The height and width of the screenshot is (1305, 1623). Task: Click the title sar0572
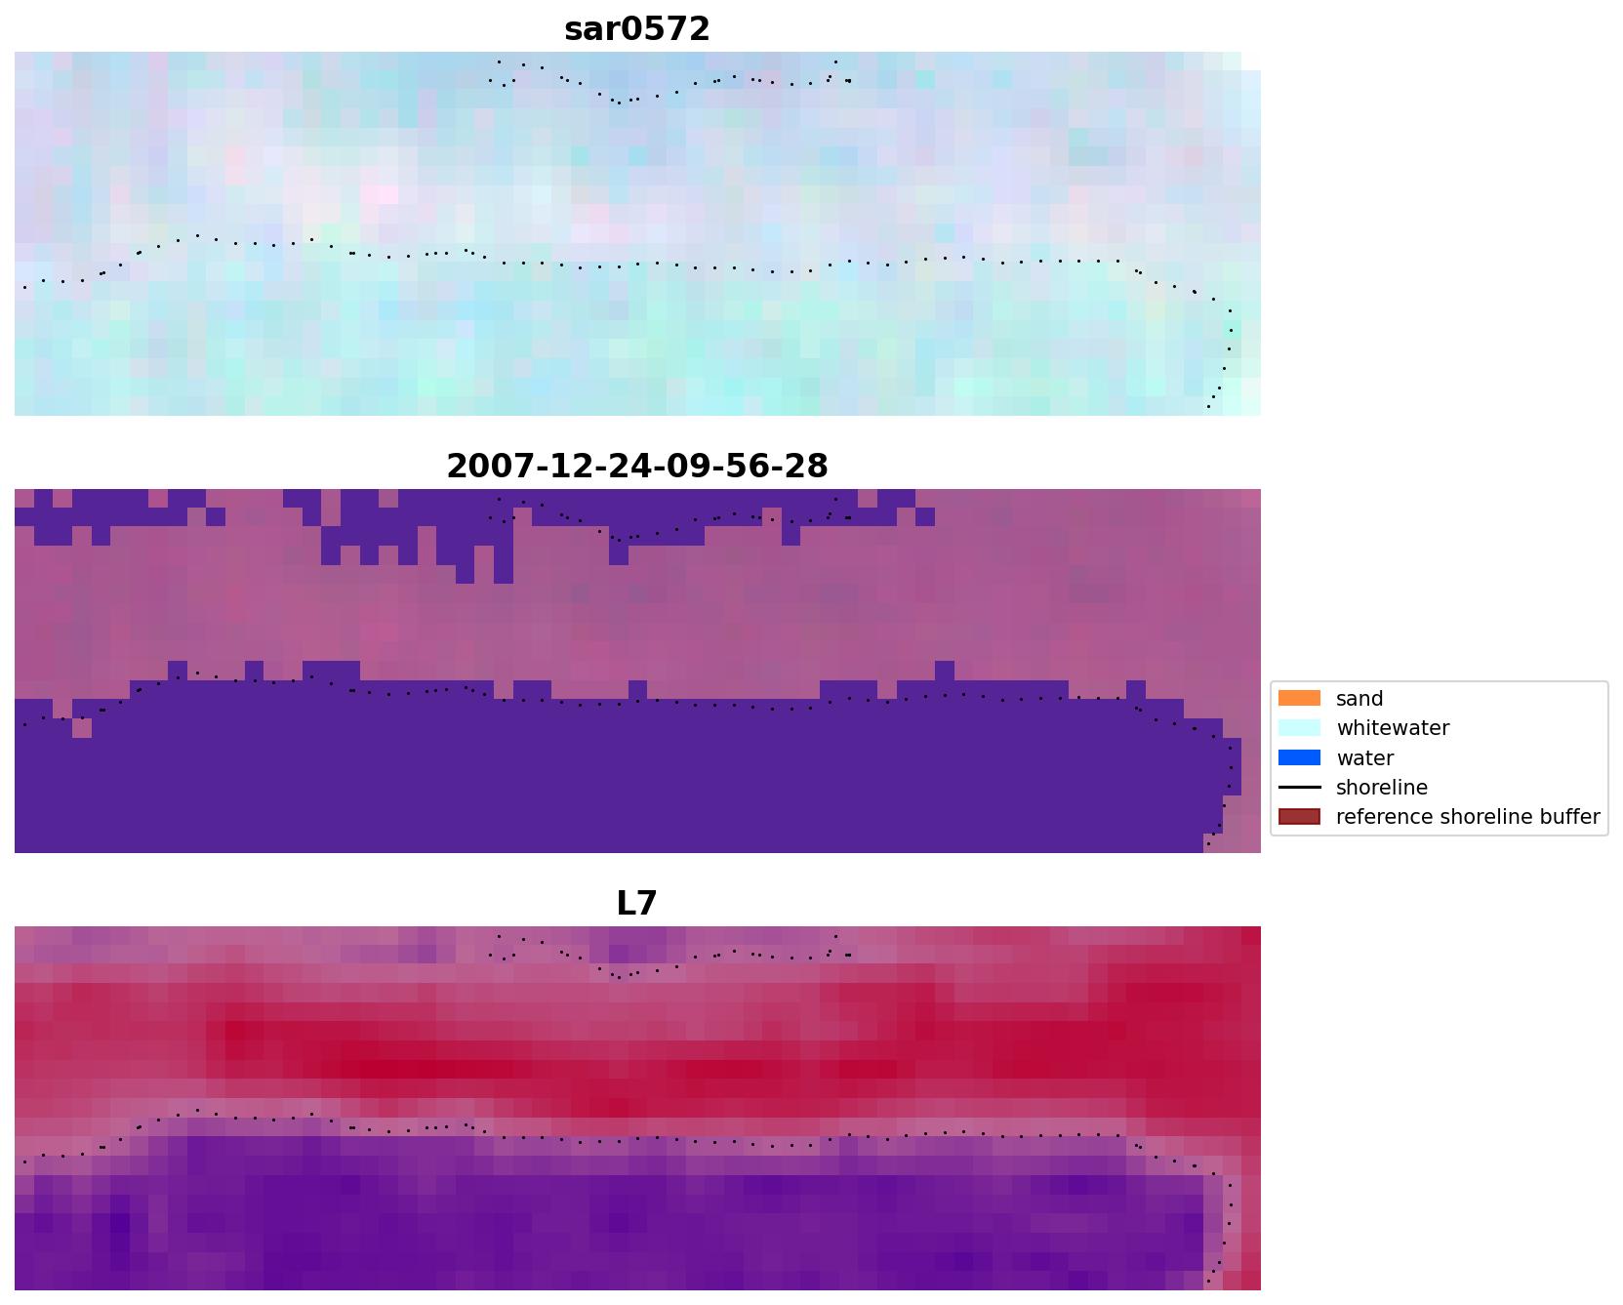click(636, 29)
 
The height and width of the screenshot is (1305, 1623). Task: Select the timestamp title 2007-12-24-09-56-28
click(636, 467)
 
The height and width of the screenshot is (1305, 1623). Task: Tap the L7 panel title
click(636, 904)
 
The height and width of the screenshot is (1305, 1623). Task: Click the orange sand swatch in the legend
click(1299, 699)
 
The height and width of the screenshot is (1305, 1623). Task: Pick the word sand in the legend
click(1359, 699)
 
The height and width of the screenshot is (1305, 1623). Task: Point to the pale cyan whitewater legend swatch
click(1299, 728)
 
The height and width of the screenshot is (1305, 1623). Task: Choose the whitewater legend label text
click(1392, 728)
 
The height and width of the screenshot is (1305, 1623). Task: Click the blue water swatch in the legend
click(1299, 758)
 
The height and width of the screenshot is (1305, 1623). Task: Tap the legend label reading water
click(1364, 758)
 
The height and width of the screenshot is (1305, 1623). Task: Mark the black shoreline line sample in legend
click(1299, 788)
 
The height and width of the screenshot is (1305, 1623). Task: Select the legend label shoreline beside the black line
click(1381, 788)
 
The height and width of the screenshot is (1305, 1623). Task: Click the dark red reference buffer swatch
click(1299, 817)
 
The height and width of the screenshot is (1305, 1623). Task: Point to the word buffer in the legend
click(1566, 817)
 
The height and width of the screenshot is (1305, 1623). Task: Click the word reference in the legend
click(1384, 817)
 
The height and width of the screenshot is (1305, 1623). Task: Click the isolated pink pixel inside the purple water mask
click(82, 728)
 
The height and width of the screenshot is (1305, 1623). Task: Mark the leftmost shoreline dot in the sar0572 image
click(24, 287)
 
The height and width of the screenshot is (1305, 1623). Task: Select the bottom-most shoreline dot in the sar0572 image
click(1208, 406)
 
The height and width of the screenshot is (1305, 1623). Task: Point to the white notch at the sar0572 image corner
click(1251, 61)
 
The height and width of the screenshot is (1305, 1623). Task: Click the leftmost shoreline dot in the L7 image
click(24, 1162)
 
